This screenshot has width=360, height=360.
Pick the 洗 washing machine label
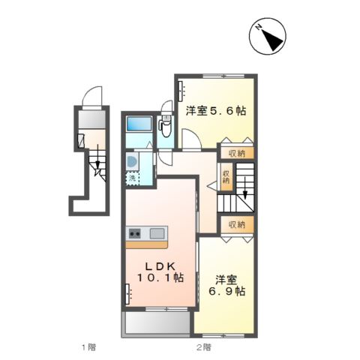click(132, 178)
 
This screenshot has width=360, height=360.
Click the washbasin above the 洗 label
click(132, 161)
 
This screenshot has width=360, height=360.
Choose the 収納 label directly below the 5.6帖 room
click(237, 152)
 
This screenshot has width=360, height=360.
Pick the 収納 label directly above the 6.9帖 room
click(237, 224)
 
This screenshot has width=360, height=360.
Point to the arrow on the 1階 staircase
click(96, 166)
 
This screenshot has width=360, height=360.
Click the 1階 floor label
click(89, 347)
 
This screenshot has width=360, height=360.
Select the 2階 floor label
click(203, 347)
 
